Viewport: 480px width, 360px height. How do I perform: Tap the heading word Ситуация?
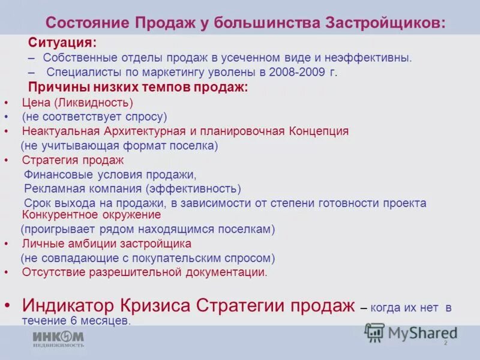point(62,44)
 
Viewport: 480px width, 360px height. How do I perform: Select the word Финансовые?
point(62,175)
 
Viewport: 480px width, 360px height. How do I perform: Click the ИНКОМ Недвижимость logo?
point(58,338)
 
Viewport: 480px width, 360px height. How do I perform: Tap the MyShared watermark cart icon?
point(375,332)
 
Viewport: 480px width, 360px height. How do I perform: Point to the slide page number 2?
point(445,343)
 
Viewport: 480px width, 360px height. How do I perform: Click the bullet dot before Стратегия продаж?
point(6,160)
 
